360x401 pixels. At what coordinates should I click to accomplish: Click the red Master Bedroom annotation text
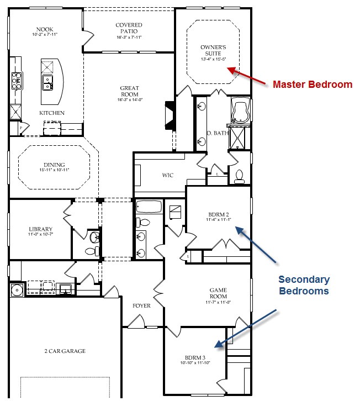click(313, 84)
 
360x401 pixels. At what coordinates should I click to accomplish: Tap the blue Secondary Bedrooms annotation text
click(304, 285)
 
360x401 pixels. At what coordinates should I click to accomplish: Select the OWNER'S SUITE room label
click(213, 50)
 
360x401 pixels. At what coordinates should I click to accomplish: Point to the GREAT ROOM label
click(130, 91)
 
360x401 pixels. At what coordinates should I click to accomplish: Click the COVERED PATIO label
click(129, 28)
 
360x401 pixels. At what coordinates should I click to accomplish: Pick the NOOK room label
click(45, 29)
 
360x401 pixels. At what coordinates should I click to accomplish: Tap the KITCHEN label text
click(52, 113)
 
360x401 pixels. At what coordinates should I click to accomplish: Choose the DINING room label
click(54, 165)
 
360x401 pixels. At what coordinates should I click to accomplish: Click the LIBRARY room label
click(41, 229)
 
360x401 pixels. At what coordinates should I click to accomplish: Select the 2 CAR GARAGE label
click(65, 351)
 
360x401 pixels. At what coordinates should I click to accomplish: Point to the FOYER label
click(141, 305)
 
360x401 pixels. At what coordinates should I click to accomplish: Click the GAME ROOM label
click(218, 293)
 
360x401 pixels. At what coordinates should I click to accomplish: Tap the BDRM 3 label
click(195, 357)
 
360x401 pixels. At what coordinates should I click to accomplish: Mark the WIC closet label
click(168, 175)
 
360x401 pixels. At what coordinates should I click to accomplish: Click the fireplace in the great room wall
click(170, 115)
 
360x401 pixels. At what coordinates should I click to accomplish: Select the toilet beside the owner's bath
click(240, 177)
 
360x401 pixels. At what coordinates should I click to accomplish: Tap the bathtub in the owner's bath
click(240, 110)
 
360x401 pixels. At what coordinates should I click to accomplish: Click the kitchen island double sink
click(47, 83)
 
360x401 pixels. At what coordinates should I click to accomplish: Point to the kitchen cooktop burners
click(17, 81)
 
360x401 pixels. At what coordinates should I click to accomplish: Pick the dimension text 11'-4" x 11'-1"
click(219, 219)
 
